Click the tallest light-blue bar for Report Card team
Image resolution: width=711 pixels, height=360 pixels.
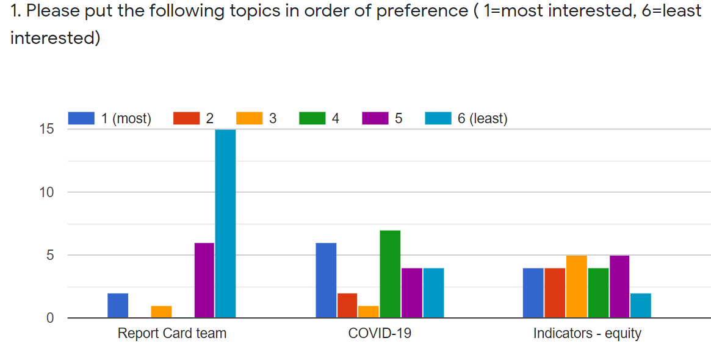pos(225,223)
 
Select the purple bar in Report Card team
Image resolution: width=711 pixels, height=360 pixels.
pos(204,280)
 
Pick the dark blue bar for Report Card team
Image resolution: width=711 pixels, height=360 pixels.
pos(118,305)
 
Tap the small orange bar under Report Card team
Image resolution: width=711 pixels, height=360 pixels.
pos(161,311)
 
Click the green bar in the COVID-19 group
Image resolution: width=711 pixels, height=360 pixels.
pos(390,274)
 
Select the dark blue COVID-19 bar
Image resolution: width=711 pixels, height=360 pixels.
pos(326,280)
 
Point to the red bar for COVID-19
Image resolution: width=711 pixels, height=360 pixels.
pos(347,305)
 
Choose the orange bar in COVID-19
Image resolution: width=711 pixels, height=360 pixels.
pos(368,311)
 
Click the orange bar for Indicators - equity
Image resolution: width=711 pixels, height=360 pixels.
pos(577,286)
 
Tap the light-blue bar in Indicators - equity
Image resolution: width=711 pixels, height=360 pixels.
pos(640,305)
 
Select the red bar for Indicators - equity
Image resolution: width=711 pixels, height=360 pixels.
pos(555,293)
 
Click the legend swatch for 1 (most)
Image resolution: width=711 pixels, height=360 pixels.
pos(81,118)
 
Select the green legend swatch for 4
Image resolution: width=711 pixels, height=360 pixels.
pos(312,118)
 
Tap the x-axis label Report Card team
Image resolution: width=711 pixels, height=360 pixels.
pos(171,334)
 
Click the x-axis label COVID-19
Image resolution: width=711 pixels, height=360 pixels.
pos(380,334)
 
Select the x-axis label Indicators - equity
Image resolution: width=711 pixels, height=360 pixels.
pos(587,334)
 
